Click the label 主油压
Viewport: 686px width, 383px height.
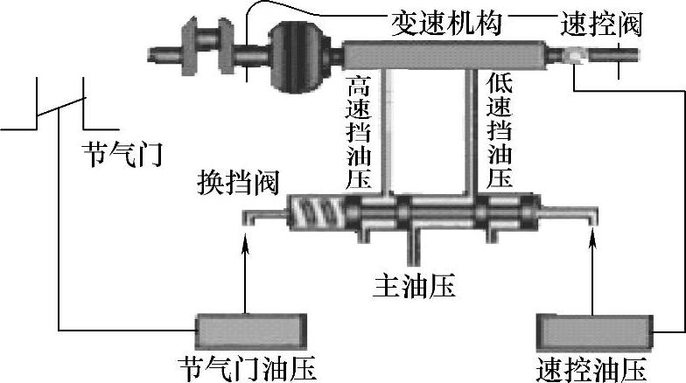(x=415, y=285)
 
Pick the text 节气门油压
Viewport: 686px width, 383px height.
(x=248, y=367)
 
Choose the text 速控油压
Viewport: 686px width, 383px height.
(x=594, y=367)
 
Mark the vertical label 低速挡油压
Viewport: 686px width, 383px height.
(x=499, y=132)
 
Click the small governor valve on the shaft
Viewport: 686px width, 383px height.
(x=573, y=59)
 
